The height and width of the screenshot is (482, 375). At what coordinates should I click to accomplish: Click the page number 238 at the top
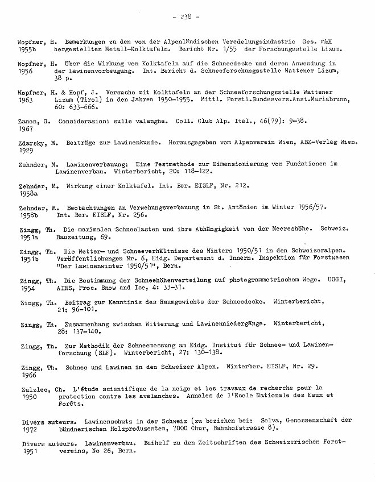pyautogui.click(x=185, y=16)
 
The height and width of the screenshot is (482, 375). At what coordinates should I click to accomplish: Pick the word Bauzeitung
pyautogui.click(x=75, y=236)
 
